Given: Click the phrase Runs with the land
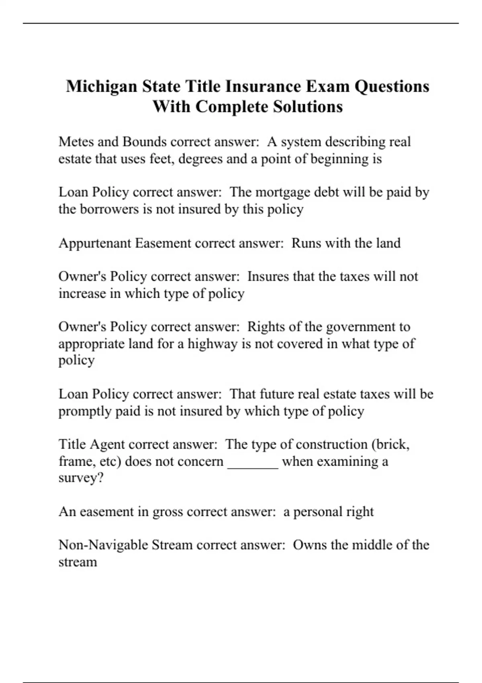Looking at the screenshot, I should point(346,243).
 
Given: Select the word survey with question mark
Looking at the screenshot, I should point(80,479).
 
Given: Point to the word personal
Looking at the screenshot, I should point(317,512).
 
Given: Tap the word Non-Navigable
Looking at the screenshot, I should point(103,545).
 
